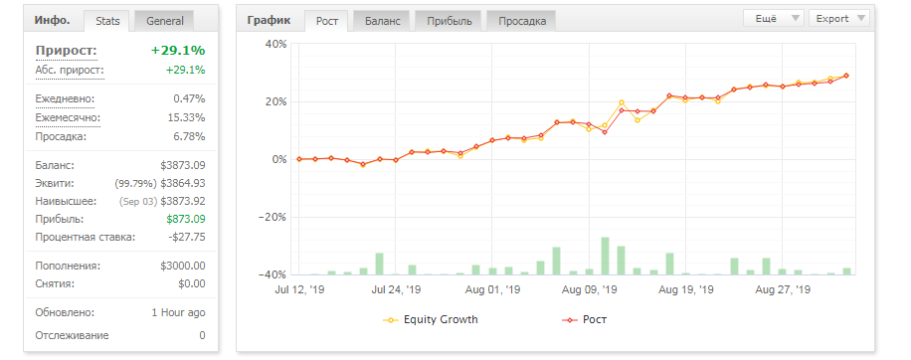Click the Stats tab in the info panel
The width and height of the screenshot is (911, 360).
107,21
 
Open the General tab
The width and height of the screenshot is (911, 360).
165,21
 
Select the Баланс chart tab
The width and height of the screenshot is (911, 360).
382,21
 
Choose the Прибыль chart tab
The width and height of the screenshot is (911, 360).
450,21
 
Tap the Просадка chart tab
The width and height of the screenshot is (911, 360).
522,21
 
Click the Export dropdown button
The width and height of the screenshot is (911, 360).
839,18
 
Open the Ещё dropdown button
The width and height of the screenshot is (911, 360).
774,18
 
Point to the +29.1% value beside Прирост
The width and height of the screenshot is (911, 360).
178,51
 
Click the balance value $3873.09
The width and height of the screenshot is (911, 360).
183,165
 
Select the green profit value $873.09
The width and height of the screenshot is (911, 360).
185,219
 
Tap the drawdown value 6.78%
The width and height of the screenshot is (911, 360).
189,136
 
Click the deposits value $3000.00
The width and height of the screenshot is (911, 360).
183,266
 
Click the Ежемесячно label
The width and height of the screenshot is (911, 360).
68,118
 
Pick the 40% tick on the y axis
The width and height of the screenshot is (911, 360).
275,44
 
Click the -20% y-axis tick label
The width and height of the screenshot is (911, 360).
273,217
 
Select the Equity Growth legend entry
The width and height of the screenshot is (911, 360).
431,319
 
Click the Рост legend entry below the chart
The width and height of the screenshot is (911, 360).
585,319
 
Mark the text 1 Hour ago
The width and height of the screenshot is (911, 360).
178,312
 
